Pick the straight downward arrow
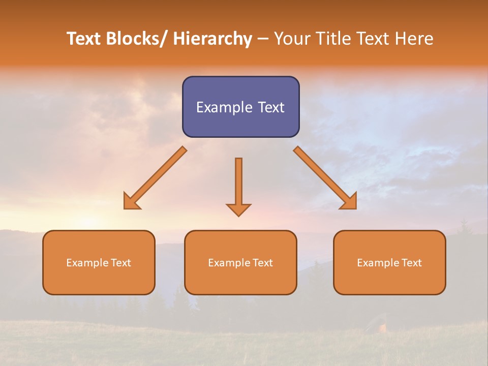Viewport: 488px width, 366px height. coord(238,183)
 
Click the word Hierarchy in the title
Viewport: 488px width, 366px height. coord(212,39)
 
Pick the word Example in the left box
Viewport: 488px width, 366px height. coord(87,263)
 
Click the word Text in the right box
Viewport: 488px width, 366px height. coord(411,263)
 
